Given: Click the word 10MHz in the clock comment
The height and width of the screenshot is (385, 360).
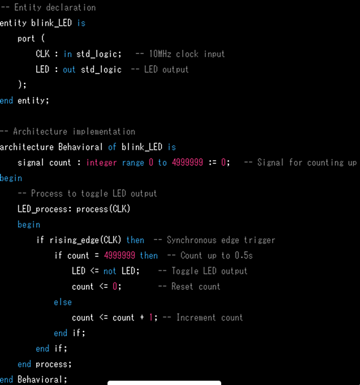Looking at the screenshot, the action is coord(160,54).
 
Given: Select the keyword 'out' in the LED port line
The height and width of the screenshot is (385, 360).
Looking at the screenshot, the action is coord(69,69).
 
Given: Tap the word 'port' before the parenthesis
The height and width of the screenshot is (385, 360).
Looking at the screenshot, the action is coord(26,39).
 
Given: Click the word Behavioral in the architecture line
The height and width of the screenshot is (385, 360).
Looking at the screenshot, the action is coord(80,147).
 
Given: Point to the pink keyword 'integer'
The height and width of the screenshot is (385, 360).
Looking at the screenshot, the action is coord(101,163).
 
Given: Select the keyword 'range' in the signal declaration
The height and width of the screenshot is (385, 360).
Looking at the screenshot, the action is coord(133,163).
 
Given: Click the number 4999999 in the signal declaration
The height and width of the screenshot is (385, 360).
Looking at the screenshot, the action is coord(187,162).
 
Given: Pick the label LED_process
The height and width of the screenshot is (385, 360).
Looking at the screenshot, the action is coord(42,209).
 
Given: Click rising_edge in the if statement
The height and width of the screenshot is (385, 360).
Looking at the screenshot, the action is coord(74,240).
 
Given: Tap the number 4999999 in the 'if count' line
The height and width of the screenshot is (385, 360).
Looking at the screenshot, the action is coord(119,255).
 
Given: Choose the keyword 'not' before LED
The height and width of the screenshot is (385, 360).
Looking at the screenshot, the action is coord(109,271).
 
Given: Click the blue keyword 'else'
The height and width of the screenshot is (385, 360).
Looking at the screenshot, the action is coord(63,302).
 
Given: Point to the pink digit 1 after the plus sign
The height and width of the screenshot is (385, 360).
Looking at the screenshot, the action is coord(151,317).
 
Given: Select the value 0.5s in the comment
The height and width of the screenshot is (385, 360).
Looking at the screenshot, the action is coord(243,255).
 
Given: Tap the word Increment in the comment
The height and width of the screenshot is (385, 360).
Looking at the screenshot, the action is coord(196,317).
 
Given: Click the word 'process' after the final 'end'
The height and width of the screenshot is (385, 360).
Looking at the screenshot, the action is coord(53,364).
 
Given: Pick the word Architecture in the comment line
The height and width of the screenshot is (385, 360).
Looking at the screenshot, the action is coord(40,131).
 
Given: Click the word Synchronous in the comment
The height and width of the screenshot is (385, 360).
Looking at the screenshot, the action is coord(192,240).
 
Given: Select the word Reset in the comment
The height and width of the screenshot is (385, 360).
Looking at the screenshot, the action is coord(182,287).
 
